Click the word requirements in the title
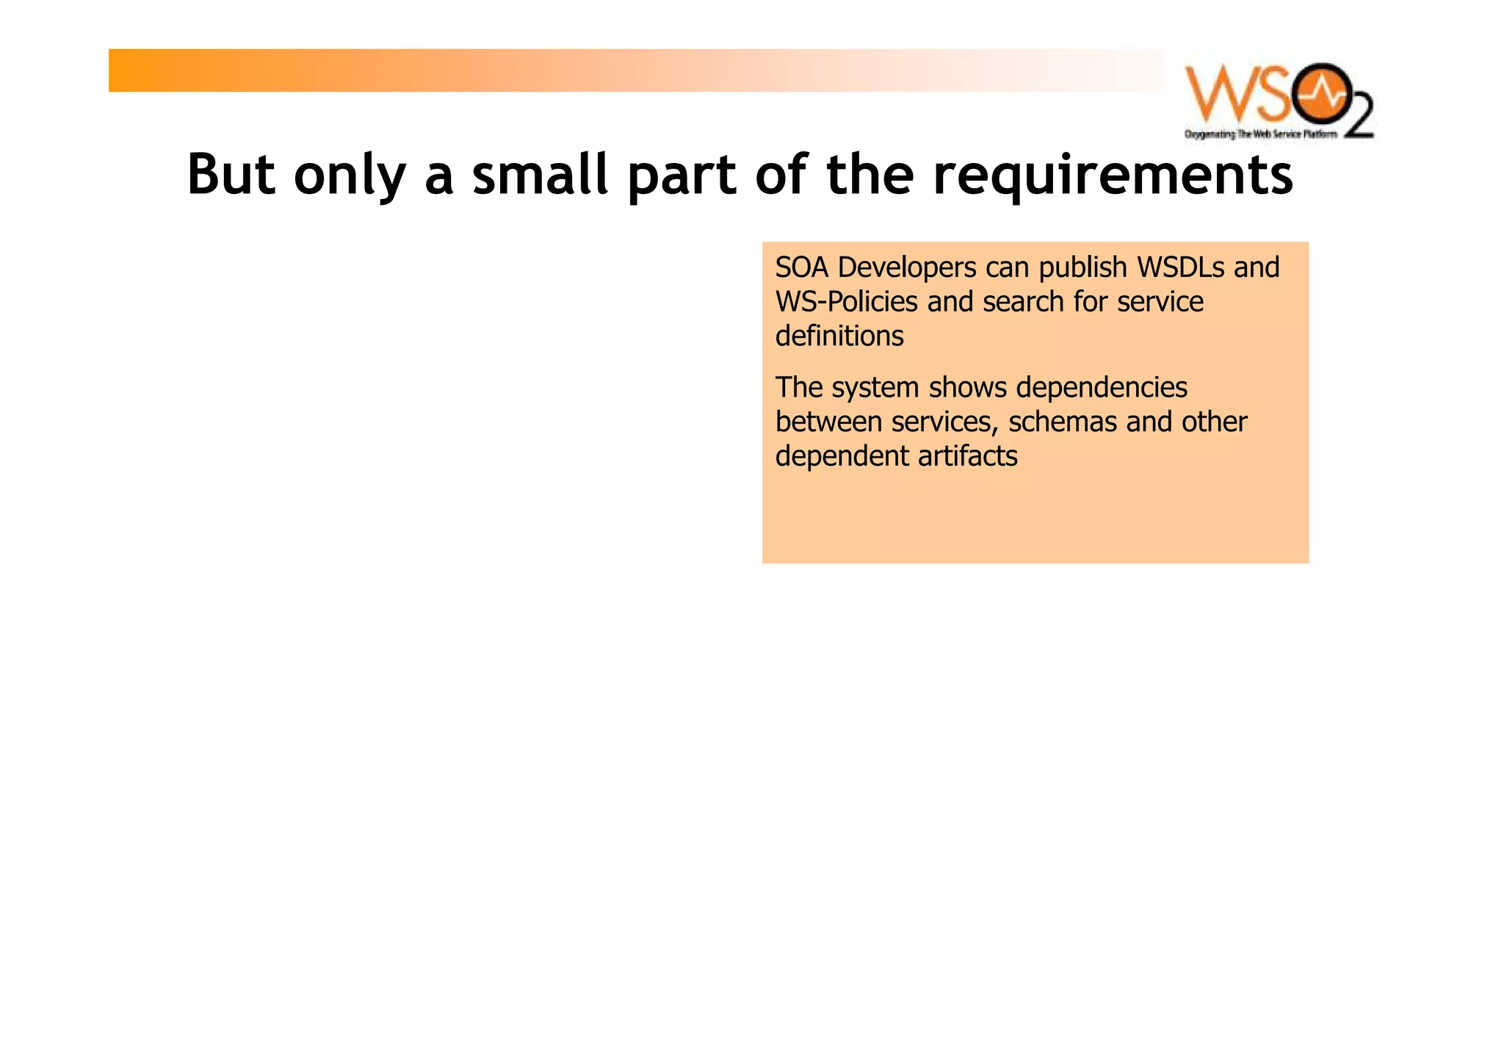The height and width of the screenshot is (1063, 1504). (x=1112, y=176)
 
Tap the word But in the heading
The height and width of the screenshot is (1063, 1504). (x=231, y=175)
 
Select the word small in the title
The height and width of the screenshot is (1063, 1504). (x=540, y=175)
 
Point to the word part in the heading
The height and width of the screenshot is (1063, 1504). (x=681, y=176)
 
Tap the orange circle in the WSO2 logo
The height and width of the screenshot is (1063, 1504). (x=1320, y=94)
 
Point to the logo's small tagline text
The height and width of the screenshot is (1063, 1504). (x=1260, y=134)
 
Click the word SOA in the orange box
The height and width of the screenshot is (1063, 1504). (x=802, y=267)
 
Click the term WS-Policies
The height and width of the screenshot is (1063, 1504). (x=847, y=303)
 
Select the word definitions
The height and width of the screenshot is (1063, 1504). (x=839, y=336)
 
